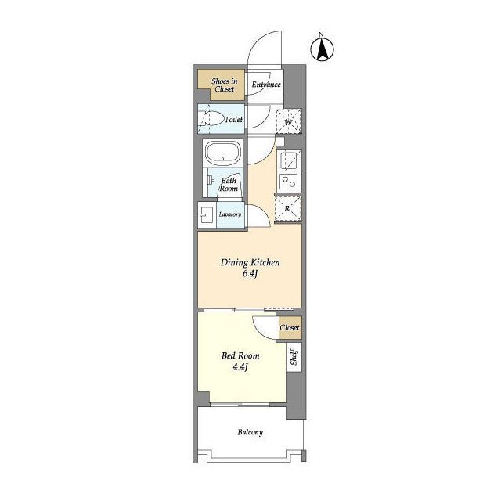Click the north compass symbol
(322, 48)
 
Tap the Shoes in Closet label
(225, 85)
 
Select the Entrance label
(266, 85)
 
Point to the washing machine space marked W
(289, 121)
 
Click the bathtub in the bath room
(223, 153)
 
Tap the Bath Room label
(229, 185)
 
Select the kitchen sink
(289, 160)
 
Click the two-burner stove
(289, 182)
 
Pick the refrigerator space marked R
(287, 209)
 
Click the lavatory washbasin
(206, 214)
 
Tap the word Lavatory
(229, 214)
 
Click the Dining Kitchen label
(250, 263)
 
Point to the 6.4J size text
(250, 274)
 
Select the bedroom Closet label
(290, 327)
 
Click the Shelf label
(294, 357)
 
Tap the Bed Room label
(240, 355)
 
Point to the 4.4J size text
(240, 367)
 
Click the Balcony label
(250, 432)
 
